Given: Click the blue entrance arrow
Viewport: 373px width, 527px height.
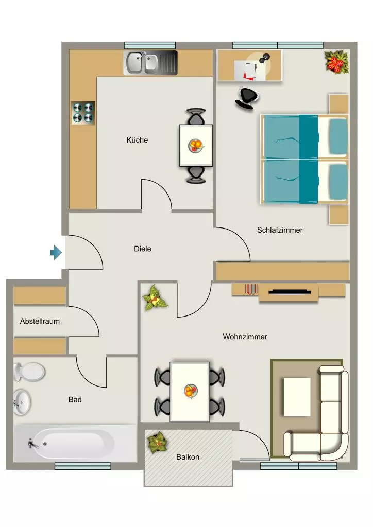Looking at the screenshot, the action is coord(56,252).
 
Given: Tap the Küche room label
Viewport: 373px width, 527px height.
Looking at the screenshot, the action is coord(137,140).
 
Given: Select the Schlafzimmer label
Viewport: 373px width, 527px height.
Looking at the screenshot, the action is coord(280,230).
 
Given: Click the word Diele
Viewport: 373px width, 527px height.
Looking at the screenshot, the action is coord(143,249).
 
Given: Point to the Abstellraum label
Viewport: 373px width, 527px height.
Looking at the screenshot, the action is coord(40,321).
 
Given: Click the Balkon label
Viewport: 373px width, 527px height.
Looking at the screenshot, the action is coord(188,457).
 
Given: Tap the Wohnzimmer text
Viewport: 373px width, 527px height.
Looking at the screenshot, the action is coord(245,337).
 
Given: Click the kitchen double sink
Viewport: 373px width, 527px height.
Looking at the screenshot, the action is coord(150,62).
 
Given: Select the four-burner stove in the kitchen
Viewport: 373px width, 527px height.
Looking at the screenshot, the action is coord(83,113).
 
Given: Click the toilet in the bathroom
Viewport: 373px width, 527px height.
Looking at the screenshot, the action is coord(29,372).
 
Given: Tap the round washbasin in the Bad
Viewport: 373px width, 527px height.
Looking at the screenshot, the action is coord(22,402).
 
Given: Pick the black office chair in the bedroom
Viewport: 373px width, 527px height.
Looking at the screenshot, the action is coord(247,98).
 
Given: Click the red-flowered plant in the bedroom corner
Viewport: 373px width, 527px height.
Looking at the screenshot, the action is coord(336,62).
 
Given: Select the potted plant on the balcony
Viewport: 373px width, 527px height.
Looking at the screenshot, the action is coord(158,443).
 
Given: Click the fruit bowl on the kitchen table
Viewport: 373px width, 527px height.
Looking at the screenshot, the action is coord(196,146).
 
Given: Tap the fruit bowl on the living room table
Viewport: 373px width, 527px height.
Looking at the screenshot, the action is coord(191,391).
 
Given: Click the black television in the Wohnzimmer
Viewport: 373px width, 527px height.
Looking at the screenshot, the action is coord(289,292).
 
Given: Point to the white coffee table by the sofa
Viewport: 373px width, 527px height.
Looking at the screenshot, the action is coord(297,397).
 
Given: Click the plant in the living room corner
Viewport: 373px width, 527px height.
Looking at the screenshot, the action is coord(155,298).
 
